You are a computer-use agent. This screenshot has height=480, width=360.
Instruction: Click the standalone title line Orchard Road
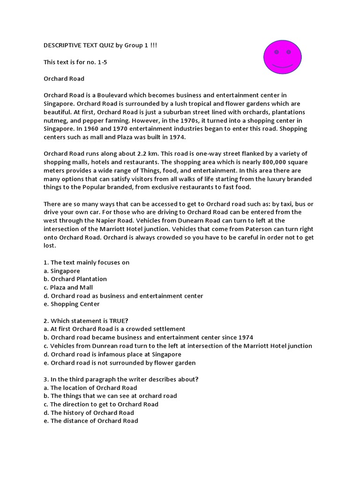[x=64, y=79]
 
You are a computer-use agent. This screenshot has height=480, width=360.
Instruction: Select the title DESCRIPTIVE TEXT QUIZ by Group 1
[x=104, y=45]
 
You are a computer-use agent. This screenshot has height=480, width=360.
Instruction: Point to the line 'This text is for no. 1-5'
[x=75, y=62]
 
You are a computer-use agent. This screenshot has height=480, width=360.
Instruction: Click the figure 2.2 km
[x=143, y=154]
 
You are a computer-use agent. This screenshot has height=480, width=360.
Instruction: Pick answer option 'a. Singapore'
[x=62, y=271]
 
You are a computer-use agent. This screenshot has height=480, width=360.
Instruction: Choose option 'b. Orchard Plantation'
[x=75, y=279]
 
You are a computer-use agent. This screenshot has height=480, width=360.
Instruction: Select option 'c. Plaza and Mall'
[x=68, y=287]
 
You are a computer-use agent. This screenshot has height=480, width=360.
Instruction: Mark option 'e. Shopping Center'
[x=72, y=304]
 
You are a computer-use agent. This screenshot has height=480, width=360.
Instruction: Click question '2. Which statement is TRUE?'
[x=86, y=321]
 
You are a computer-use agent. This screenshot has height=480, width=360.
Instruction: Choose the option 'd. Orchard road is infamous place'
[x=112, y=354]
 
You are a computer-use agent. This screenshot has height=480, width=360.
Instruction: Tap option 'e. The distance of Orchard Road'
[x=91, y=421]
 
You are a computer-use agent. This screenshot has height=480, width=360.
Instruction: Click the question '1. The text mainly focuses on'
[x=87, y=262]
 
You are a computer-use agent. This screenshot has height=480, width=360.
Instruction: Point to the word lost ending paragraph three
[x=49, y=246]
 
